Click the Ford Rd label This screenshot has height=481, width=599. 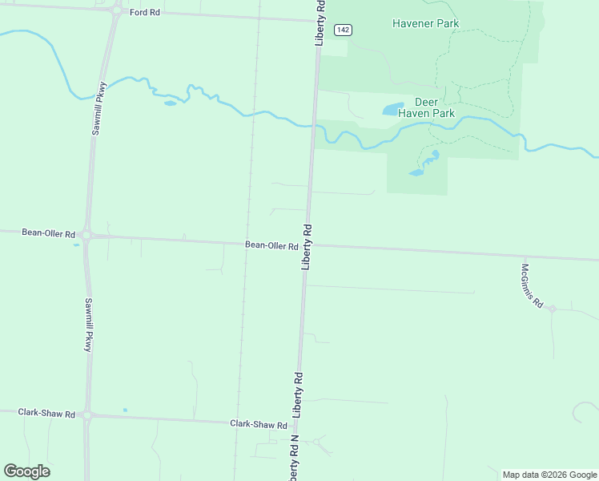click(144, 13)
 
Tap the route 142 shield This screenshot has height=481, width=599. click(343, 30)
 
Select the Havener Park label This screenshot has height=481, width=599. click(425, 23)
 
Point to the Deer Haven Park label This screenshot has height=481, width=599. click(434, 107)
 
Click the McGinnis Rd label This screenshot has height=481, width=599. click(533, 286)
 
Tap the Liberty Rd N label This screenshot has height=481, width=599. click(293, 459)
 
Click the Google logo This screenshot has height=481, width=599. click(26, 471)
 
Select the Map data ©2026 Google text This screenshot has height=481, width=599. click(550, 475)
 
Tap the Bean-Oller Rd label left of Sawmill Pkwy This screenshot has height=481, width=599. click(49, 233)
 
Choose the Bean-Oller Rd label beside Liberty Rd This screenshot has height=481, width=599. click(271, 245)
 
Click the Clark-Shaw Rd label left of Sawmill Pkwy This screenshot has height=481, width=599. click(46, 414)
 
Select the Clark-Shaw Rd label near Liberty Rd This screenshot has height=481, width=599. click(258, 424)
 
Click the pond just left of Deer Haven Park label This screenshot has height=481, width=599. click(392, 109)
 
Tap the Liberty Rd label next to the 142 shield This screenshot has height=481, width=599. click(320, 22)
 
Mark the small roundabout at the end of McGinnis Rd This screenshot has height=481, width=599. click(552, 308)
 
